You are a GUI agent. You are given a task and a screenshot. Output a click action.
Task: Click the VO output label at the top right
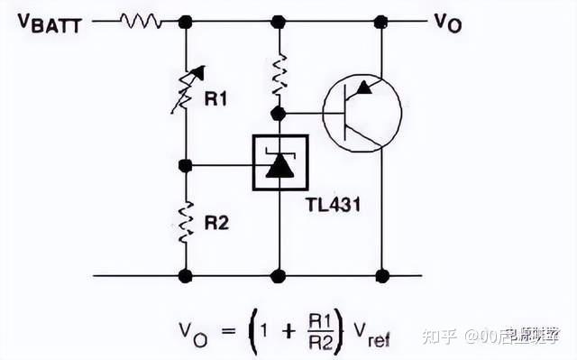point(447,23)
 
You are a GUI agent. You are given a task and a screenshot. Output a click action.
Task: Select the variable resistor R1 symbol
point(187,89)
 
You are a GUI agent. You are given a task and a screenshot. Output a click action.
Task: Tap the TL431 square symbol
point(279,163)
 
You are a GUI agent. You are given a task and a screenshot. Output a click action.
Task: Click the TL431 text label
point(334,206)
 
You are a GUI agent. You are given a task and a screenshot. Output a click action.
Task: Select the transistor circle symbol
point(362,113)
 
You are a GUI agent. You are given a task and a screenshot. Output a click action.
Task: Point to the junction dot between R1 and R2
point(186,165)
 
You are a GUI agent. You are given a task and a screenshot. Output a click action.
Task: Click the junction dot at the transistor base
point(279,114)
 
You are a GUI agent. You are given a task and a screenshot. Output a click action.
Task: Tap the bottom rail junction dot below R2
point(186,275)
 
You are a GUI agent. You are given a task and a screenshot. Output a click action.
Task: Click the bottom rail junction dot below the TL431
point(279,275)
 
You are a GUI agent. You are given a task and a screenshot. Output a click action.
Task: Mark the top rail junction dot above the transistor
point(382,20)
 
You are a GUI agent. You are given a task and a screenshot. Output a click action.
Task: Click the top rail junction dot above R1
point(186,20)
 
